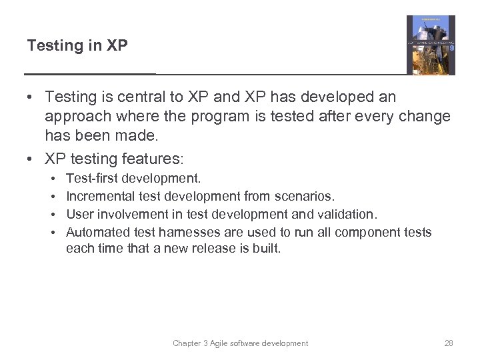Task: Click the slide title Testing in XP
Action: click(77, 46)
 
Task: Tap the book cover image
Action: click(431, 45)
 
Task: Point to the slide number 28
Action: click(448, 343)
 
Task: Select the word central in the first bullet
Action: click(142, 97)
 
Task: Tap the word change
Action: click(423, 117)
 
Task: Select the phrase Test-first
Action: click(92, 179)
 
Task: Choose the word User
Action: click(79, 215)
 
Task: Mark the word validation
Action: click(347, 215)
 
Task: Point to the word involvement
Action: click(129, 215)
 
